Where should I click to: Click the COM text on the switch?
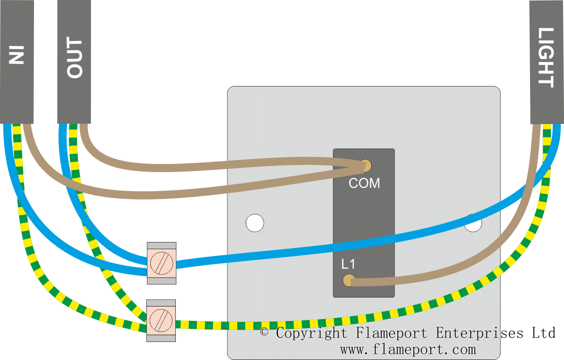tap(364, 183)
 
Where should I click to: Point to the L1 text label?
tap(348, 263)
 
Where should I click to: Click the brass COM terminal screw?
tap(366, 164)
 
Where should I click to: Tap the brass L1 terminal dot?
tap(348, 280)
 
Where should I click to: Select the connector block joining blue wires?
tap(161, 263)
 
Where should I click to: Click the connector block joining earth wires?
tap(161, 320)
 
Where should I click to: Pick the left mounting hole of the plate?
tap(255, 223)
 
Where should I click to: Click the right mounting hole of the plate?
tap(473, 223)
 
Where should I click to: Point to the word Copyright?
tap(311, 333)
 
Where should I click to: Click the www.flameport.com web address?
tap(408, 348)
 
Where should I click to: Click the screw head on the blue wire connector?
tap(161, 263)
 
